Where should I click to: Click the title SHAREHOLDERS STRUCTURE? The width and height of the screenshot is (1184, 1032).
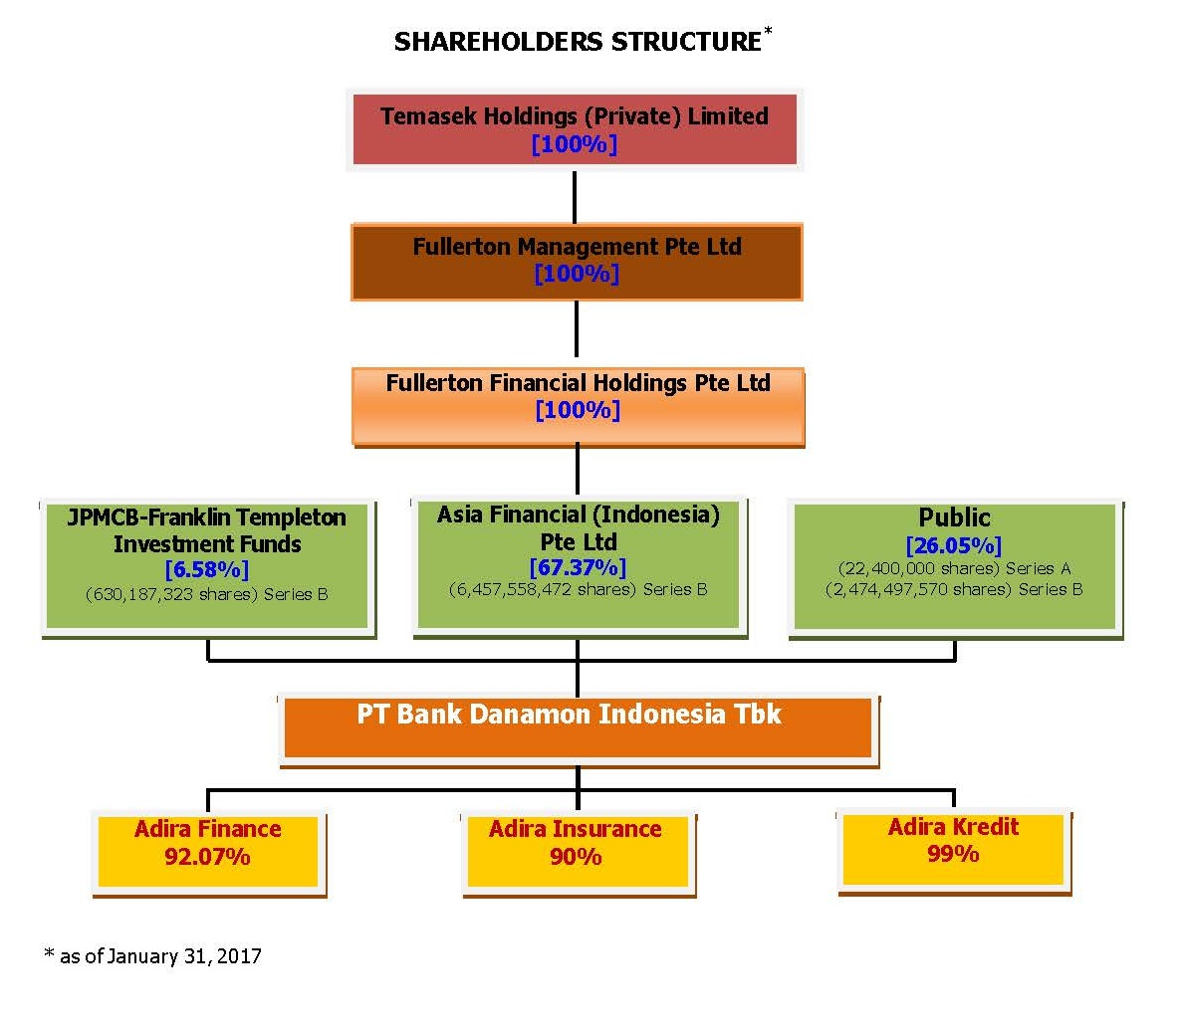click(579, 42)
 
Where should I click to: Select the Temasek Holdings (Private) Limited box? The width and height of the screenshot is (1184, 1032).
click(575, 129)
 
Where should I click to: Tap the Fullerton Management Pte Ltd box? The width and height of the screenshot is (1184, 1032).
click(577, 262)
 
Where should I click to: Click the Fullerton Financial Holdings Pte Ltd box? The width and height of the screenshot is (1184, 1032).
click(579, 407)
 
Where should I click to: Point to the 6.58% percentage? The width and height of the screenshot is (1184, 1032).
click(207, 569)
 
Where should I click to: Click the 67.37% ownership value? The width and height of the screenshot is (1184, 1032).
click(578, 567)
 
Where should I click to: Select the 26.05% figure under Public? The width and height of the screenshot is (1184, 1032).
click(954, 545)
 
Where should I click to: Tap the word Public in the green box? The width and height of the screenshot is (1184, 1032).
click(954, 517)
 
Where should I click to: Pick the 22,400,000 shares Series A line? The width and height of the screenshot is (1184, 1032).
click(954, 568)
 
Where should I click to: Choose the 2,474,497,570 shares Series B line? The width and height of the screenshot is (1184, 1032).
click(954, 589)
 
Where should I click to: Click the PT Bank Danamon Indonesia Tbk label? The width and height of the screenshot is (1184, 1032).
click(569, 714)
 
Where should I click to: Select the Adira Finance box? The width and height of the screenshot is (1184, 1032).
click(208, 853)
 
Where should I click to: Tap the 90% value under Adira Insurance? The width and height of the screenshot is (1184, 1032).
click(576, 857)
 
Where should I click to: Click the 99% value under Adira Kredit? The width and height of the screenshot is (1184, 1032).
click(953, 854)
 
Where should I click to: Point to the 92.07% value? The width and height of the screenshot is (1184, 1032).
click(207, 857)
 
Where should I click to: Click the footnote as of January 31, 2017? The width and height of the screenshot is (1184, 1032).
click(153, 955)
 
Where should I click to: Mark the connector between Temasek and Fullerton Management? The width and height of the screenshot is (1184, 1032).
click(575, 197)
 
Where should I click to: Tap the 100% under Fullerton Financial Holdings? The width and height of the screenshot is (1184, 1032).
click(578, 410)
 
